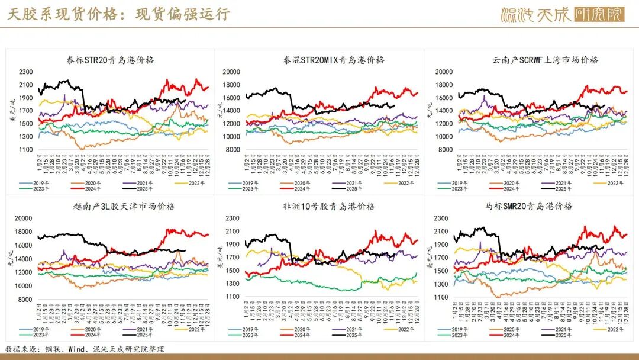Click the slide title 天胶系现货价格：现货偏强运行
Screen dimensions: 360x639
118,14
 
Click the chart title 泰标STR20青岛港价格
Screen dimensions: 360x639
110,60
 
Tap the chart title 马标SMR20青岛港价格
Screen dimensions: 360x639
528,206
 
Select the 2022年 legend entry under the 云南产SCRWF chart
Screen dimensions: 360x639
613,183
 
